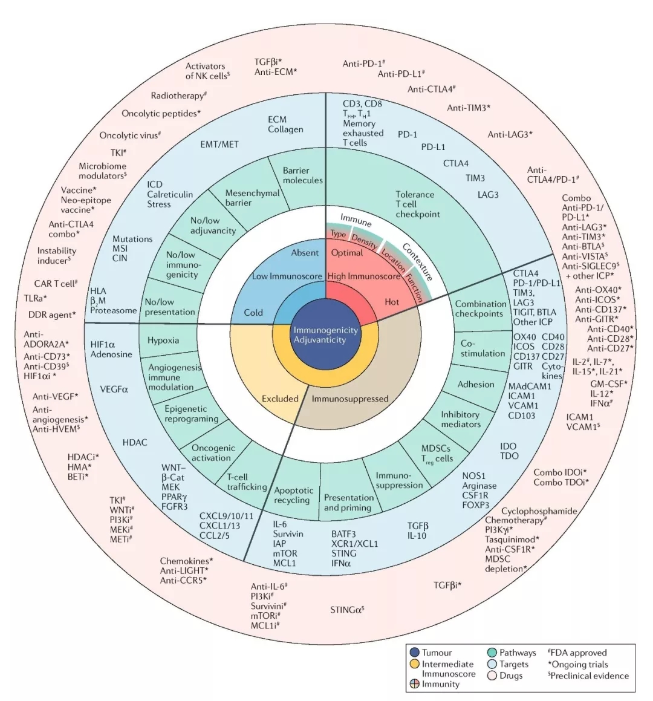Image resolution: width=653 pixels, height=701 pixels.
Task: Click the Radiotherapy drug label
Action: coord(179,96)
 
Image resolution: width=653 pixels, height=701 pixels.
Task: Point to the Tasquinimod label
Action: coord(512,540)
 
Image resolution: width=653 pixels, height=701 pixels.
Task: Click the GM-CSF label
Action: coord(608,384)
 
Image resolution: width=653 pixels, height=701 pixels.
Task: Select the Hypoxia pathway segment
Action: coord(163,341)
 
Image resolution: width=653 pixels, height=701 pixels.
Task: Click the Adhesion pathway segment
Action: coord(476,384)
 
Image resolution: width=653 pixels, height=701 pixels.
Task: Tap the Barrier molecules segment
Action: coord(302,175)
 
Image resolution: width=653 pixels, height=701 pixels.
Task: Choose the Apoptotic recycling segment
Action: coord(293,495)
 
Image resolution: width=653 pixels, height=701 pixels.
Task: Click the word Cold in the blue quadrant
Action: coord(253,313)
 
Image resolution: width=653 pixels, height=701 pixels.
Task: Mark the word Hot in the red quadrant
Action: coord(392,302)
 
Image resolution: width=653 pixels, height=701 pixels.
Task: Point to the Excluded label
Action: coord(280,399)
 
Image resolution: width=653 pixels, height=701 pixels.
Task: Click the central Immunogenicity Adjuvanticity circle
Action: coord(326,334)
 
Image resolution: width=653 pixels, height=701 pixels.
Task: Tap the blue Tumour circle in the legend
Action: coord(414,653)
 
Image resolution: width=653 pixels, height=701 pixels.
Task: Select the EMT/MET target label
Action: coord(219,145)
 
